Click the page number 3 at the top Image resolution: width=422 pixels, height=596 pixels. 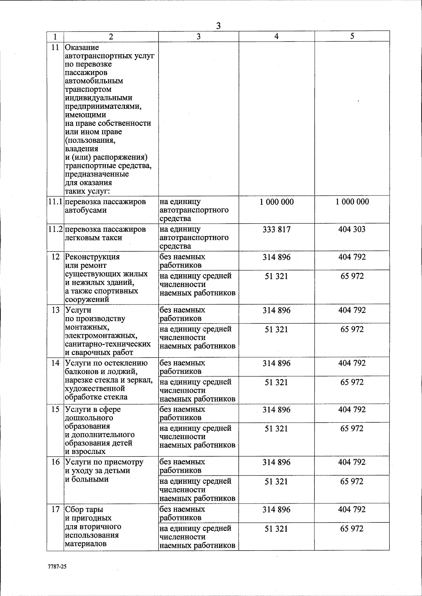(x=218, y=26)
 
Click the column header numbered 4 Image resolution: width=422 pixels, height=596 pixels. (x=277, y=36)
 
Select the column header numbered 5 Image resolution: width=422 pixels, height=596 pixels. (x=352, y=36)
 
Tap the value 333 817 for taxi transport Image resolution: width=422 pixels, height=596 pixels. (x=277, y=230)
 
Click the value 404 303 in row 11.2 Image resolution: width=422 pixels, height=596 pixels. (x=352, y=230)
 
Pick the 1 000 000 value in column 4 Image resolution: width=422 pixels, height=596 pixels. (x=277, y=202)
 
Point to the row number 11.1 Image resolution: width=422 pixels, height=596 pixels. (x=55, y=202)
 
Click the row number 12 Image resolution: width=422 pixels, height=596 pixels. (x=55, y=257)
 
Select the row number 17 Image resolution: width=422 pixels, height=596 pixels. (x=55, y=510)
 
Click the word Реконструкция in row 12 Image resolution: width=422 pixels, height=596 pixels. (x=92, y=257)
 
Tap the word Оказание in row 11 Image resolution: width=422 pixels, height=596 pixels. (x=82, y=47)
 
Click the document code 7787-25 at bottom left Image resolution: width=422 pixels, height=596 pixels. (x=57, y=567)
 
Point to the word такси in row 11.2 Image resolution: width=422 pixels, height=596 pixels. (x=112, y=238)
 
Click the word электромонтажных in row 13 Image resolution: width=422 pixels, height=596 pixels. (x=101, y=336)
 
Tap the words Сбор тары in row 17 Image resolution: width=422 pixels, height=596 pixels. (x=84, y=510)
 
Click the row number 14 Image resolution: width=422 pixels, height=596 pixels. (x=55, y=363)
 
